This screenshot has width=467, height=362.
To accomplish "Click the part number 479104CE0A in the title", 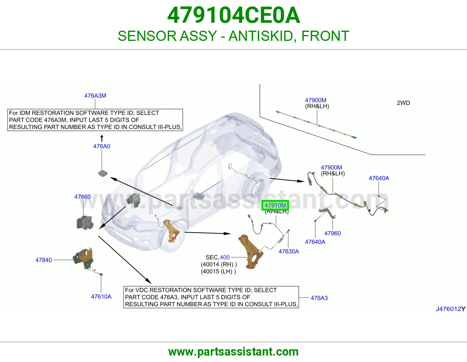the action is coord(233,15).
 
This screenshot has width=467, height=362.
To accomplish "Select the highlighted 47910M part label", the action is coord(275,205).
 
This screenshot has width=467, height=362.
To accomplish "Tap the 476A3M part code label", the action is coord(95,96).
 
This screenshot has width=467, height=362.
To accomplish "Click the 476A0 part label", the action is coord(102,146).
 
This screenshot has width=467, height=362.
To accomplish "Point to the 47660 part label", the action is coord(83,197).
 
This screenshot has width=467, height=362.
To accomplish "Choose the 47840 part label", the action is coord(43,260).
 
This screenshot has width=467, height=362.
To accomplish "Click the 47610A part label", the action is coord(101,296).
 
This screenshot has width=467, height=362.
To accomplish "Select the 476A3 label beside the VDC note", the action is coord(319,298).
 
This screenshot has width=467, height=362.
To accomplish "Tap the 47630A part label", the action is coord(289,251).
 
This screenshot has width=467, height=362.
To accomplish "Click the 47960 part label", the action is coord(332,233).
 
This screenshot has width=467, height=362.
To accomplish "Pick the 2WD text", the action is coord(403,103).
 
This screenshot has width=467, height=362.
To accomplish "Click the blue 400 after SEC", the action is coord(225,257).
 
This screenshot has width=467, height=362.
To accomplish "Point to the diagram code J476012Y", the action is coord(451,309).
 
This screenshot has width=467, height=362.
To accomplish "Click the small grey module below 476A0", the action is coord(103,173).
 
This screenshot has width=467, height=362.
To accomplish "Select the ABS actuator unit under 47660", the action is coord(85,223).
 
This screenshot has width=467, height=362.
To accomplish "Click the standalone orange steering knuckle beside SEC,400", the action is coord(251,252).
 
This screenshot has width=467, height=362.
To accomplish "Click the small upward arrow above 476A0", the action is coord(102,138).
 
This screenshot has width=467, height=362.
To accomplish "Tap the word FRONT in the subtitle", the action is coord(325,36).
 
